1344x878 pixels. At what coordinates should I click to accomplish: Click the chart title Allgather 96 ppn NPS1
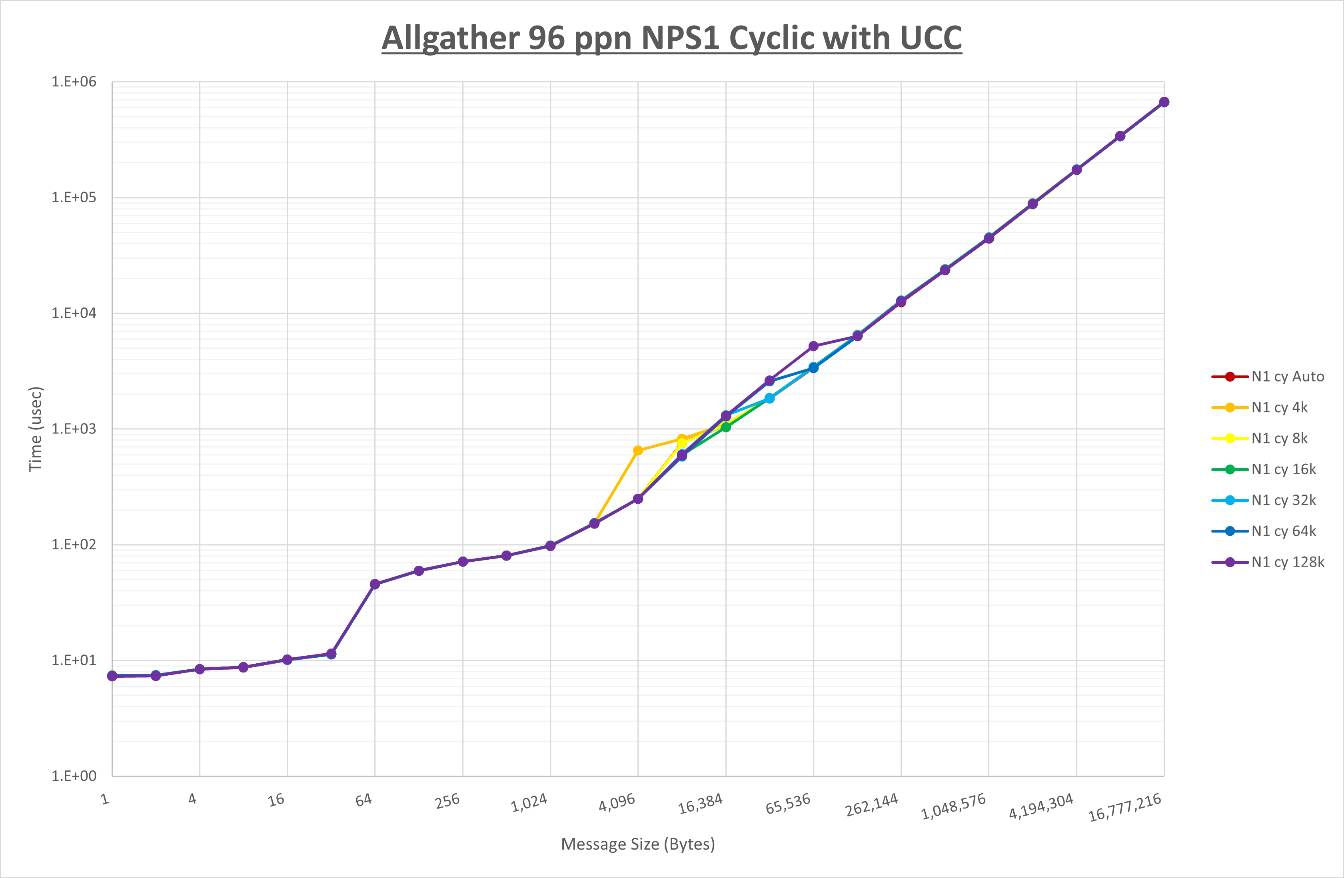671,38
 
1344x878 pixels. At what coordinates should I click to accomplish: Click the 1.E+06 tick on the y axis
74,82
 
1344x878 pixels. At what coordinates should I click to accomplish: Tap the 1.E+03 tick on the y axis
74,429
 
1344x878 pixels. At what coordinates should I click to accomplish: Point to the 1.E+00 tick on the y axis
74,776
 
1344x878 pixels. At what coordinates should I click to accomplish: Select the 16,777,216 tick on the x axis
1124,807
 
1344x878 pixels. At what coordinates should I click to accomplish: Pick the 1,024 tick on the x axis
529,802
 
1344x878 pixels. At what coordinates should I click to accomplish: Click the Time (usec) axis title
36,429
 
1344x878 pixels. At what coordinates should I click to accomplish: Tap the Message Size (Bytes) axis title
637,844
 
